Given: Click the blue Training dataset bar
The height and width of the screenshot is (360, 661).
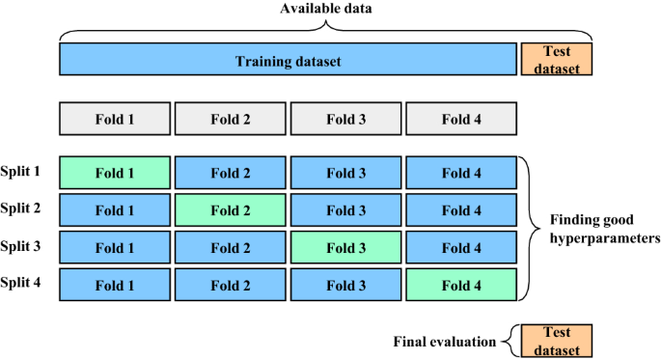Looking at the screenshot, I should pyautogui.click(x=288, y=60).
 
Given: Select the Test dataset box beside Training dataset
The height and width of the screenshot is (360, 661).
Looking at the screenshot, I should pyautogui.click(x=557, y=59).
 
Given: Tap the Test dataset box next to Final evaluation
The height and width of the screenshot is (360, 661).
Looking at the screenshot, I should pyautogui.click(x=557, y=341).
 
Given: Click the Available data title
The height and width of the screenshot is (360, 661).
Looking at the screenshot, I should pyautogui.click(x=324, y=10).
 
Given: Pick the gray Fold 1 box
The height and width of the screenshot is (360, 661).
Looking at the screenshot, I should pyautogui.click(x=115, y=120).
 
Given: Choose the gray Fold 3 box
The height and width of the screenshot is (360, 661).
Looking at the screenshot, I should pyautogui.click(x=346, y=120).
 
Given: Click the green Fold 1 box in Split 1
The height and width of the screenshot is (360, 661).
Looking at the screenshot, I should pyautogui.click(x=115, y=173).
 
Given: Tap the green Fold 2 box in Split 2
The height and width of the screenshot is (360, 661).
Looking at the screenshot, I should pyautogui.click(x=231, y=209).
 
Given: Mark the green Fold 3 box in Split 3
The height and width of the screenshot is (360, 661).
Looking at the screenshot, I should pyautogui.click(x=346, y=247).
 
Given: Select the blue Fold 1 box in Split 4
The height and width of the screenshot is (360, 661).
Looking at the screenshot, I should pyautogui.click(x=115, y=285).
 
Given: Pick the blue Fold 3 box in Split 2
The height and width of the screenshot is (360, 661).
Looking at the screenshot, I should pyautogui.click(x=346, y=209).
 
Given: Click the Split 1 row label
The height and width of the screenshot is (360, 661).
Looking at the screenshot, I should pyautogui.click(x=21, y=171).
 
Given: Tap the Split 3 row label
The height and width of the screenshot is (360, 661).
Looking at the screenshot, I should pyautogui.click(x=21, y=245).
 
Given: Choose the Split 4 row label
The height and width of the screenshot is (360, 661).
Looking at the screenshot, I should pyautogui.click(x=21, y=282).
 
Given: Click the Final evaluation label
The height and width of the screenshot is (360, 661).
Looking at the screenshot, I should pyautogui.click(x=444, y=341).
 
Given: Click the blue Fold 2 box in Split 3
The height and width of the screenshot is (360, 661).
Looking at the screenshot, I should pyautogui.click(x=231, y=247).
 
